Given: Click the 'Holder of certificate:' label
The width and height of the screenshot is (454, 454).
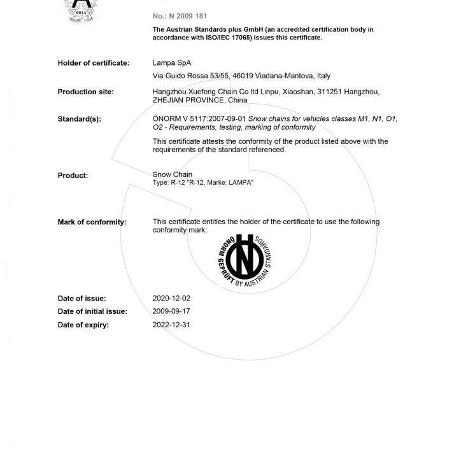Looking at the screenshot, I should click(x=94, y=63).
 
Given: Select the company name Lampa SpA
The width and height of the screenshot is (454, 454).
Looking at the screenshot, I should click(x=172, y=63).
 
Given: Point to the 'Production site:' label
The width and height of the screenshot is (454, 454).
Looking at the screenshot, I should click(x=85, y=92).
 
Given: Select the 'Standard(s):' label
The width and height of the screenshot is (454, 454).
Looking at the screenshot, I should click(x=79, y=119).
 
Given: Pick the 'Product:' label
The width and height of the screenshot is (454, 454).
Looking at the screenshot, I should click(x=73, y=176).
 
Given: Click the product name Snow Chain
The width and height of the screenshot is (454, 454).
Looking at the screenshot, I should click(x=173, y=174).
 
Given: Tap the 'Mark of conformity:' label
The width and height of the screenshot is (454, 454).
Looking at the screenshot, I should click(x=92, y=222).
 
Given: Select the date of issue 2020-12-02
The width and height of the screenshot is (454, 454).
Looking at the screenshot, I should click(x=171, y=298).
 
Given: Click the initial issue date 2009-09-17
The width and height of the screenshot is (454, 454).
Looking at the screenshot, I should click(x=171, y=311).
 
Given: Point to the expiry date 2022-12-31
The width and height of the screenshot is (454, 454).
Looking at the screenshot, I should click(x=171, y=325).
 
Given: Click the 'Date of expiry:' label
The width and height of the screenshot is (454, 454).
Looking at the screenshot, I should click(x=83, y=325).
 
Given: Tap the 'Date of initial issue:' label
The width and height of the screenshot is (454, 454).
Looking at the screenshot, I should click(x=92, y=311).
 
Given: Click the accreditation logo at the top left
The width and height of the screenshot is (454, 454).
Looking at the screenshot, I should click(x=81, y=10).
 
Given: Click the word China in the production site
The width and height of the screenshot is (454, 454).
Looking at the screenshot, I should click(x=238, y=100).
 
